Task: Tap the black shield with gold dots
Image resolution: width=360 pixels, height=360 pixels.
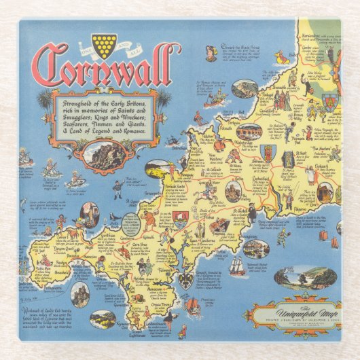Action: tap(104, 45)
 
